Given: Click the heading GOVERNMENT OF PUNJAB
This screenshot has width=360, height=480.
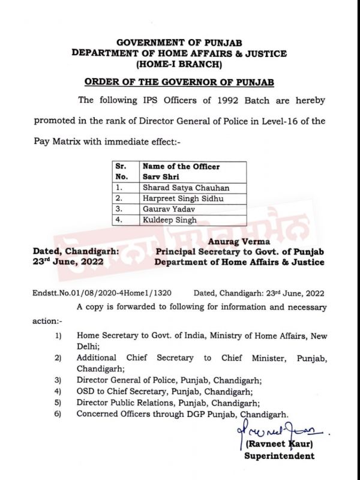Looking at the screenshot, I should pos(179,42).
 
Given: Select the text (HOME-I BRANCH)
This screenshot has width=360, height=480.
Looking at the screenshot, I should pos(179,64).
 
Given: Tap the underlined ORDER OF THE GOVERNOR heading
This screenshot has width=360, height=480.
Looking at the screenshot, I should pos(179,82).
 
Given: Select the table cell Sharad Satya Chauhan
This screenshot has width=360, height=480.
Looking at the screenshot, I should pos(186,187).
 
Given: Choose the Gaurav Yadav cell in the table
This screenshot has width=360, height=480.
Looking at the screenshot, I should pos(169,209).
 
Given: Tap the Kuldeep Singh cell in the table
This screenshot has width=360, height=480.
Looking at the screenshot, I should pos(169,220).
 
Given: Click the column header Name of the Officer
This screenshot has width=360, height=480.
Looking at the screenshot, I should pos(181,166).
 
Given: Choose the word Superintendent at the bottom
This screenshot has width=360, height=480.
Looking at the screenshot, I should pos(279,457).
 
